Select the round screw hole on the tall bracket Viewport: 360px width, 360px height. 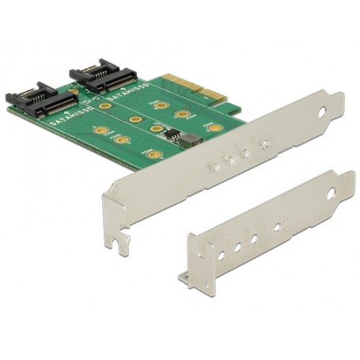tap(321, 112)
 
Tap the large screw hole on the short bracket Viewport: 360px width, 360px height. tap(330, 192)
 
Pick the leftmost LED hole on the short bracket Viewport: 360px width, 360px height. tap(221, 256)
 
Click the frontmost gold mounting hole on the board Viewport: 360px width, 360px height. tap(155, 155)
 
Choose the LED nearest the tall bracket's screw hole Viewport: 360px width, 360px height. tap(266, 144)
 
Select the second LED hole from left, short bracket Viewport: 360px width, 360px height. tap(237, 247)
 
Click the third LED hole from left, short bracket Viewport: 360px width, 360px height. tap(254, 238)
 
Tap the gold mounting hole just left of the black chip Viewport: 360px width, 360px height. tap(157, 128)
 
